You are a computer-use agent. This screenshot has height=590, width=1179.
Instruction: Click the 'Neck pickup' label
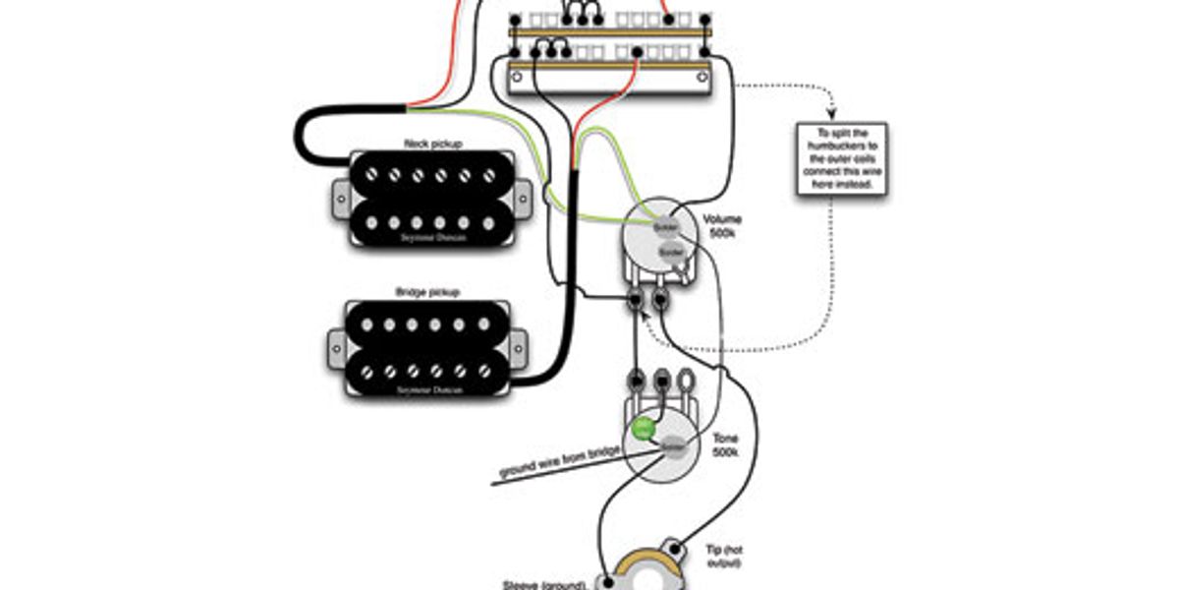433,144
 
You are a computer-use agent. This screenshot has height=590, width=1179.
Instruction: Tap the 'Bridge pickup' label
427,292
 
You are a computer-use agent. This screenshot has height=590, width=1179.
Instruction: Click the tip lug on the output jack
676,546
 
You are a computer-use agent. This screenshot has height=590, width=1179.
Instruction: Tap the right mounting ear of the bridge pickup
522,344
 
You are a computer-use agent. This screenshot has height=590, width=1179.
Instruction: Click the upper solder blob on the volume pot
665,228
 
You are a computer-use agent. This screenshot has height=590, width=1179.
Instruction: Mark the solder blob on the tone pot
673,445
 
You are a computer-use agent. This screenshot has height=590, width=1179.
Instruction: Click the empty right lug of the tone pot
685,377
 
